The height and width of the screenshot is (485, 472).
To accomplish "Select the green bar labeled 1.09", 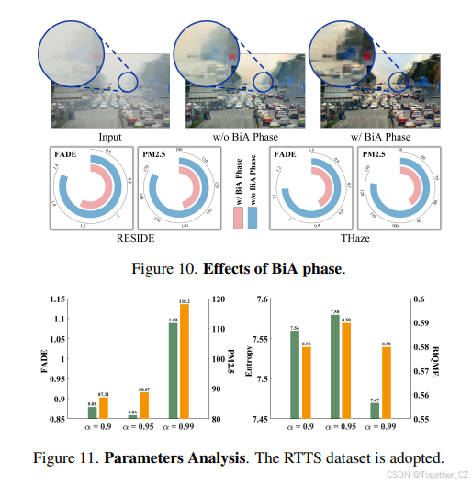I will [172, 372].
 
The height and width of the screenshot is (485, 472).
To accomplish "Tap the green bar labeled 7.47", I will [374, 412].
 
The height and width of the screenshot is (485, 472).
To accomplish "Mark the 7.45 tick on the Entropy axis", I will [264, 420].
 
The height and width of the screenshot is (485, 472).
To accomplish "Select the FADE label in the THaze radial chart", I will [286, 155].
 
